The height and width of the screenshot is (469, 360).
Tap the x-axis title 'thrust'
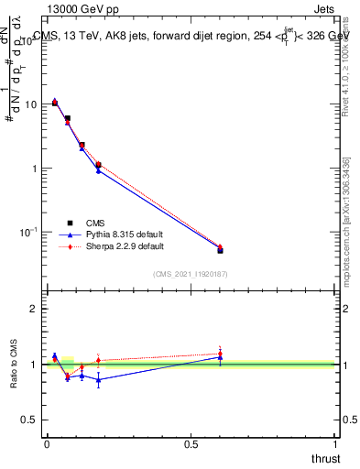[x=326, y=457]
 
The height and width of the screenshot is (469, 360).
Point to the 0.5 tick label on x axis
[x=191, y=444]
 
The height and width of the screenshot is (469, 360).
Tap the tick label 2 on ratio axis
[x=34, y=309]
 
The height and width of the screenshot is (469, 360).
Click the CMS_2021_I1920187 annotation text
[x=190, y=273]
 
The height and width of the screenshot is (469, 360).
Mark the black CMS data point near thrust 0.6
[x=220, y=250]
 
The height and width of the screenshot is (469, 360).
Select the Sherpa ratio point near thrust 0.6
[x=220, y=354]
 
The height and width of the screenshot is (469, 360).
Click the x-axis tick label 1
[x=336, y=444]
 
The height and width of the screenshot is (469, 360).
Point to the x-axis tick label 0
[x=47, y=444]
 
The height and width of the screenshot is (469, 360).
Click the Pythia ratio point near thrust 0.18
[x=98, y=379]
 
